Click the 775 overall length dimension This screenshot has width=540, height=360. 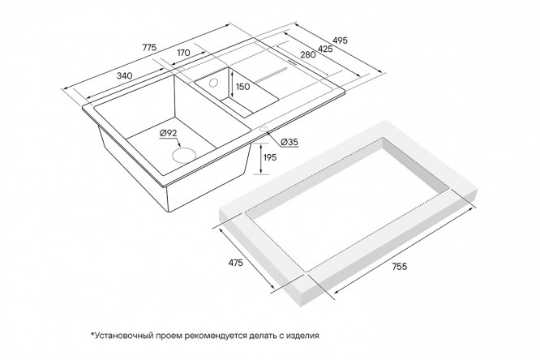(149, 47)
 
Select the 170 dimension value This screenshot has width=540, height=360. (183, 53)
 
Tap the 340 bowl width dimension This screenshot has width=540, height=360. (124, 75)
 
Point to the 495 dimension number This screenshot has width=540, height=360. (341, 41)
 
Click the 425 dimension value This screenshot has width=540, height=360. (325, 49)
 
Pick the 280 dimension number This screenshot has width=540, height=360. (308, 54)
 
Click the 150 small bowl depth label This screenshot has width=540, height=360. (243, 87)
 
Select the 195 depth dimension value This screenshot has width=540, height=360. (270, 157)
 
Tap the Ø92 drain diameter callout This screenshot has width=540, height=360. (168, 133)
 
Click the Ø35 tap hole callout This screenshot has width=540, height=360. (289, 142)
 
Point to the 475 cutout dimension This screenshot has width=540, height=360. (236, 263)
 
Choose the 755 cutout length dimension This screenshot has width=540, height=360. (400, 266)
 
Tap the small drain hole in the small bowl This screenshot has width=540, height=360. (213, 83)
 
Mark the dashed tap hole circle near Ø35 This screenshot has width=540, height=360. (264, 130)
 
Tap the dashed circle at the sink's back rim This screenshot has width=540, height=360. (181, 69)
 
